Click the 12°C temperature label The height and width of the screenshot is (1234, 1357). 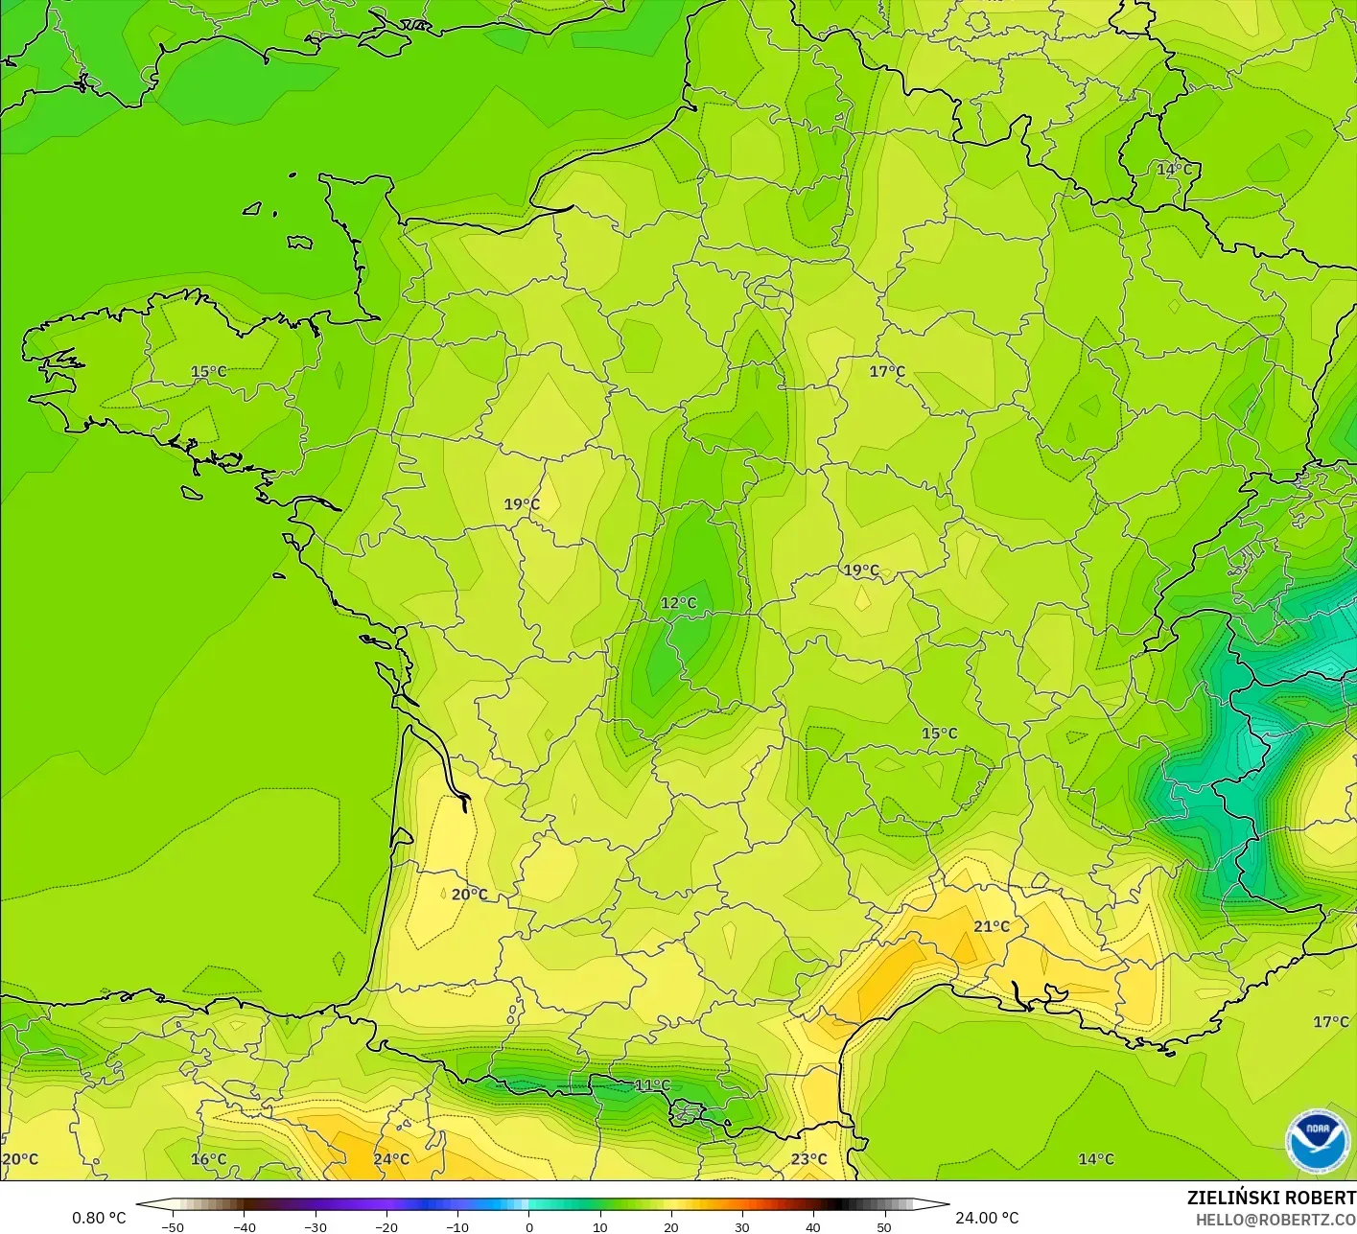(x=678, y=603)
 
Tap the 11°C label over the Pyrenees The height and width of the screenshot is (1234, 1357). (x=652, y=1085)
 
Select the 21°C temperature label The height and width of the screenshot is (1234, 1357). (x=992, y=926)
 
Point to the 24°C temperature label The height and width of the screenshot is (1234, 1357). (x=391, y=1159)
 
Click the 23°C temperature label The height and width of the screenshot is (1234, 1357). (x=808, y=1159)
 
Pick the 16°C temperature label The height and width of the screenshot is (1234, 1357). (x=208, y=1159)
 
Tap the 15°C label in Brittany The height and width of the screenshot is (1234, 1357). (x=208, y=372)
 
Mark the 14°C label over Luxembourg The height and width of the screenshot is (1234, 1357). (x=1174, y=170)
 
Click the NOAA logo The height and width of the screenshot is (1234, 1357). (x=1318, y=1141)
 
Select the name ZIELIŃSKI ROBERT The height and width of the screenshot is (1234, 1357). (x=1271, y=1198)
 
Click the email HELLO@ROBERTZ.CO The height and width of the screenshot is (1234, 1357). (x=1275, y=1219)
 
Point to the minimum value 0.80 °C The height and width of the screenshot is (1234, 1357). (x=99, y=1218)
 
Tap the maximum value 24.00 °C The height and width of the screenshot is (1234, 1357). (x=987, y=1218)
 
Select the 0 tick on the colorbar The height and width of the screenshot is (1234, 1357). (x=528, y=1227)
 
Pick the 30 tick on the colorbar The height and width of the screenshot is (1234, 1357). (x=741, y=1227)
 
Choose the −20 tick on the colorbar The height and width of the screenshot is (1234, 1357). (x=386, y=1227)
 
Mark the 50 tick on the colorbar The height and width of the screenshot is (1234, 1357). (x=883, y=1227)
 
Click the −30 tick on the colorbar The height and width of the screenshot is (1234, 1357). (x=315, y=1227)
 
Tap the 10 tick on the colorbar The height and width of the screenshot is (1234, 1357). (x=599, y=1227)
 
